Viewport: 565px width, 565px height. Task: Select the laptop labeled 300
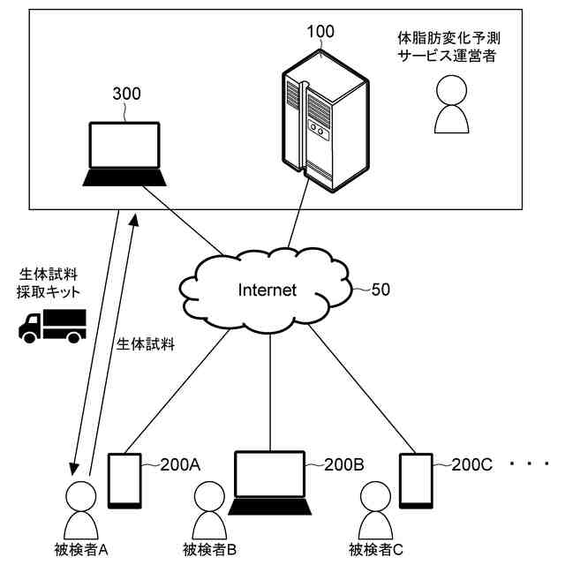(x=124, y=154)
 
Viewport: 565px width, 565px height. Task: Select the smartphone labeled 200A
(x=124, y=481)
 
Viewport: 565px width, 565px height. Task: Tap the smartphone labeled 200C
(x=415, y=481)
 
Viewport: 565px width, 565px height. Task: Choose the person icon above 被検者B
(x=208, y=509)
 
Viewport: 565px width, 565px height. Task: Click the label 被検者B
(x=209, y=550)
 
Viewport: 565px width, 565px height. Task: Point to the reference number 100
(x=320, y=33)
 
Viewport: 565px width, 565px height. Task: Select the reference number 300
(x=126, y=93)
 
